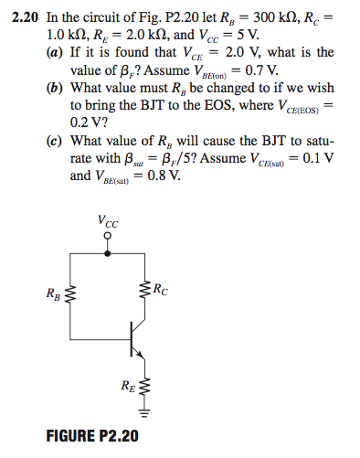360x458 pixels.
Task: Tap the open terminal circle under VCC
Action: click(x=109, y=237)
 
